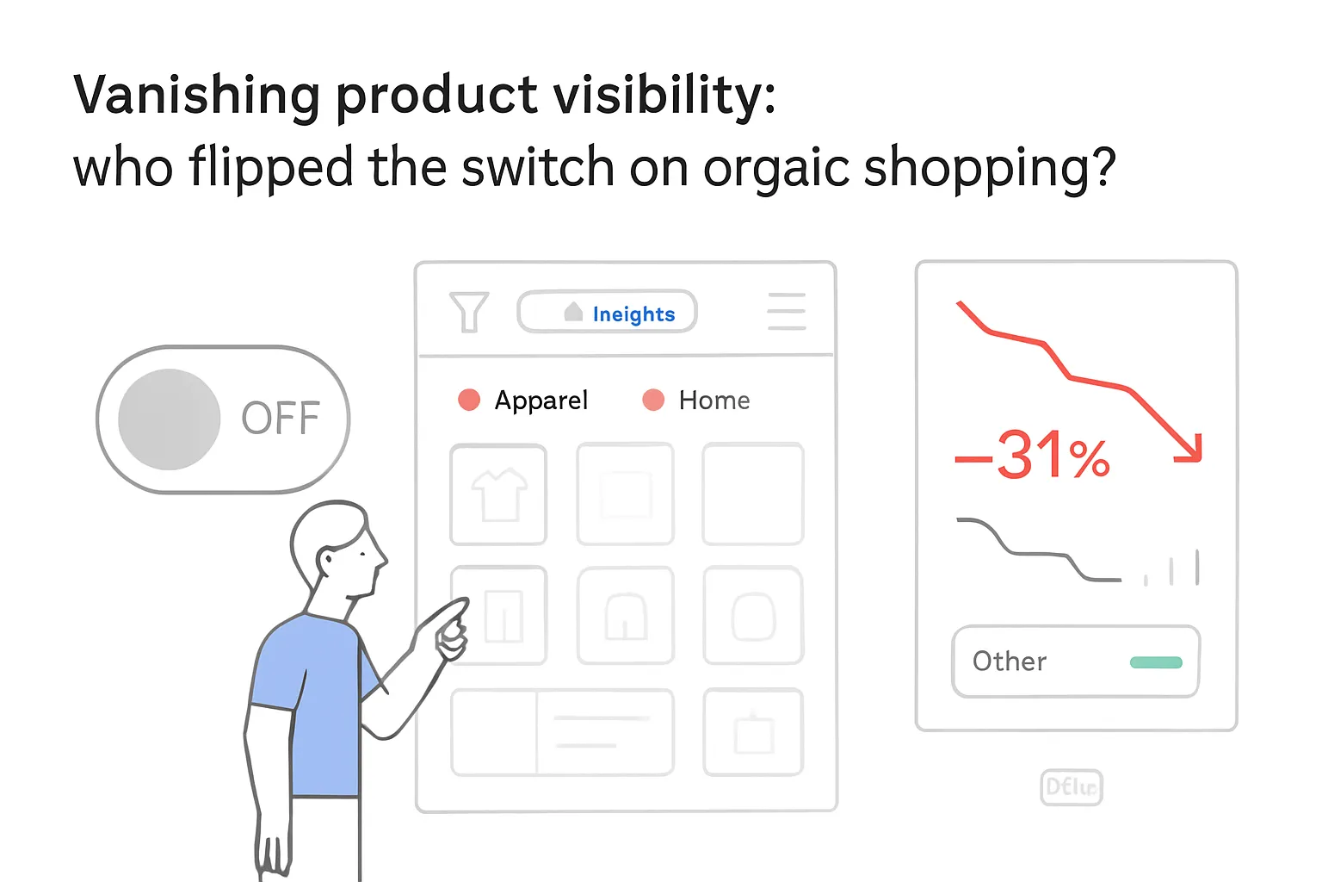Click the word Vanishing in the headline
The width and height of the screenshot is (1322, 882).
click(x=196, y=95)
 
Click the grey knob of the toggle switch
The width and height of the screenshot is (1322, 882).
click(x=169, y=419)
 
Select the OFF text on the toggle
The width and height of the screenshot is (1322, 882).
click(x=280, y=419)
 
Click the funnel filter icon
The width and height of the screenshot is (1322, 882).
click(x=469, y=312)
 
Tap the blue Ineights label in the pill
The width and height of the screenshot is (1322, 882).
click(x=633, y=314)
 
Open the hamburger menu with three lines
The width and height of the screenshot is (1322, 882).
click(x=786, y=312)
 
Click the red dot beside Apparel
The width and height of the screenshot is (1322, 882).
click(x=469, y=400)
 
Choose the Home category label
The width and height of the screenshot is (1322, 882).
click(x=714, y=401)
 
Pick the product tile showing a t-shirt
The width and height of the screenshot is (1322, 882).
click(x=498, y=494)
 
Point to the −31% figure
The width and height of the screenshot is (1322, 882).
click(x=1033, y=456)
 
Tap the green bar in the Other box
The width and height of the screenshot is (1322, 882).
click(x=1156, y=662)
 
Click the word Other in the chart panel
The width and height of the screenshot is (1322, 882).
click(x=1010, y=661)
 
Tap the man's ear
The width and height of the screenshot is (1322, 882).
click(x=327, y=562)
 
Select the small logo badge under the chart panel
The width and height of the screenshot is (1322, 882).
click(x=1071, y=787)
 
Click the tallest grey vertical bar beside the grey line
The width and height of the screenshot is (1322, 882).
click(x=1197, y=568)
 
